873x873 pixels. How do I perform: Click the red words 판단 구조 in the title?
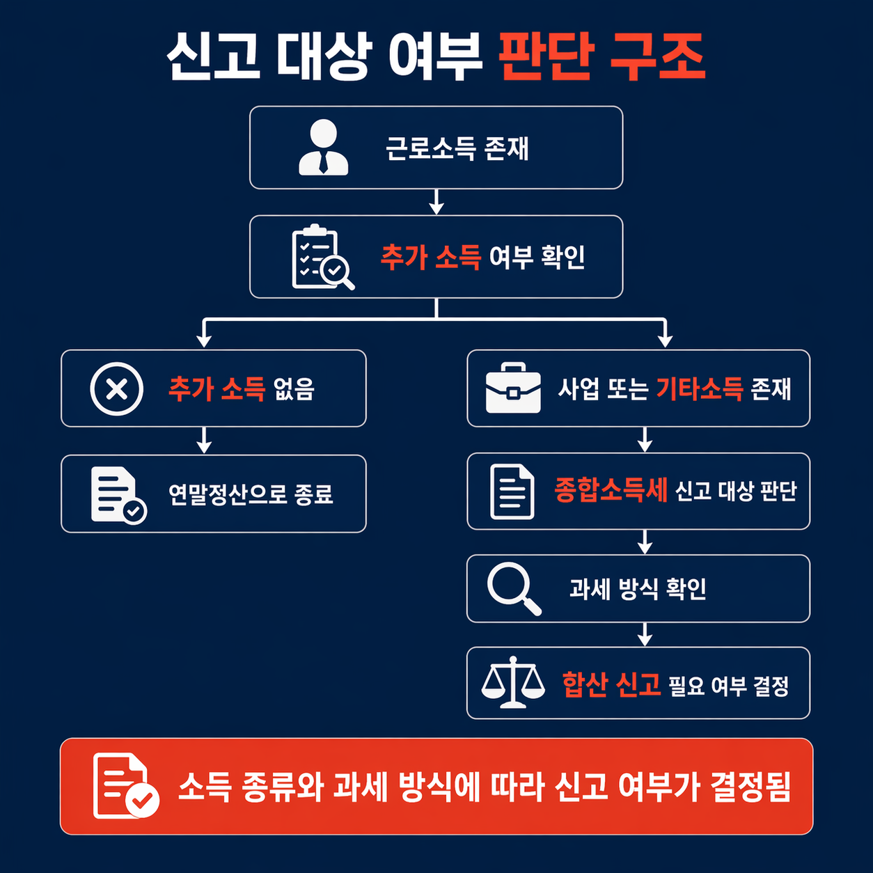point(602,56)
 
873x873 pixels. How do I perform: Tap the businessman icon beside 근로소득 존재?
point(323,147)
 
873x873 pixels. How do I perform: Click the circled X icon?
point(117,388)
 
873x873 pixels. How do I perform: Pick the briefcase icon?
point(513,388)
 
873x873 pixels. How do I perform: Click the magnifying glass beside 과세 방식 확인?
point(514,588)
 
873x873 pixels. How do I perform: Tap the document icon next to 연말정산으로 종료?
point(117,494)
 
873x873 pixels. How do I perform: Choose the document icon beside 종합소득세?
point(512,491)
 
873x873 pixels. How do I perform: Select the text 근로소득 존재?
point(457,148)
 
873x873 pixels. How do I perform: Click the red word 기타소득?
point(700,388)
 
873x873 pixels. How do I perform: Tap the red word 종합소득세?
point(611,491)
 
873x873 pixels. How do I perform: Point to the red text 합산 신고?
point(611,684)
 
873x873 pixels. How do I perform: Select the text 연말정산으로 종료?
point(251,494)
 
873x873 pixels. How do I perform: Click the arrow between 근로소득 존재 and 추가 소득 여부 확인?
point(436,202)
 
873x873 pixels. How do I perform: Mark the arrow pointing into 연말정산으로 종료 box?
point(204,441)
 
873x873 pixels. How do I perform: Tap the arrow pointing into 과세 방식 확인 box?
point(645,542)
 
